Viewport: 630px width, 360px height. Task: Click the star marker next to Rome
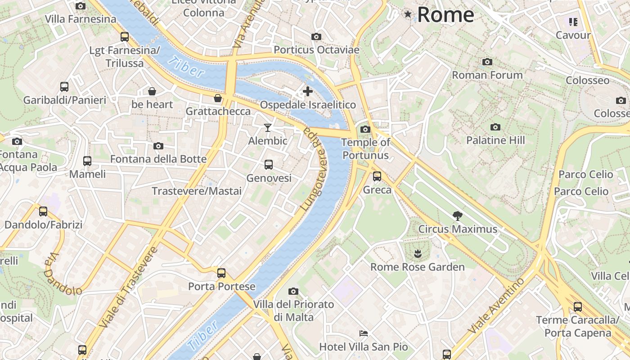click(x=408, y=14)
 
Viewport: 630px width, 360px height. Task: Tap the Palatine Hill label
click(x=495, y=140)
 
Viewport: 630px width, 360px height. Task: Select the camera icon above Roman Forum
click(x=487, y=62)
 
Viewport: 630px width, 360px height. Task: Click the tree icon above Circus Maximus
click(x=458, y=216)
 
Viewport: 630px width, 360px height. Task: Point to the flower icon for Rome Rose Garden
click(x=418, y=253)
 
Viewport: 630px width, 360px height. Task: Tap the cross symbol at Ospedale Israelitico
click(x=308, y=91)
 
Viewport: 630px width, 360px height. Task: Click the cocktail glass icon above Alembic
click(x=268, y=128)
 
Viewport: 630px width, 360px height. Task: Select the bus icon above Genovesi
click(x=269, y=165)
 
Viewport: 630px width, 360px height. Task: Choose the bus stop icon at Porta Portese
click(x=221, y=273)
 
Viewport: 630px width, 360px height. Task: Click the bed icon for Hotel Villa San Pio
click(x=364, y=333)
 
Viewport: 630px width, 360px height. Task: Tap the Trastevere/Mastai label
click(x=197, y=191)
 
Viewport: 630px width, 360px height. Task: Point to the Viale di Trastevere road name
click(x=128, y=287)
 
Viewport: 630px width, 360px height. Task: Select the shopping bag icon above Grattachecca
click(x=218, y=98)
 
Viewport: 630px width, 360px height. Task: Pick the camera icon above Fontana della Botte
click(x=158, y=146)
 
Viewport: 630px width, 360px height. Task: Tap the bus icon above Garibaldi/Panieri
click(x=64, y=87)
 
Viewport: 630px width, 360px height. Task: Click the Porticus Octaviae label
click(x=316, y=50)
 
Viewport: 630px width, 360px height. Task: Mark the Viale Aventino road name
click(x=496, y=306)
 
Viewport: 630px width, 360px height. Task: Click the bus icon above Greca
click(x=377, y=176)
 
